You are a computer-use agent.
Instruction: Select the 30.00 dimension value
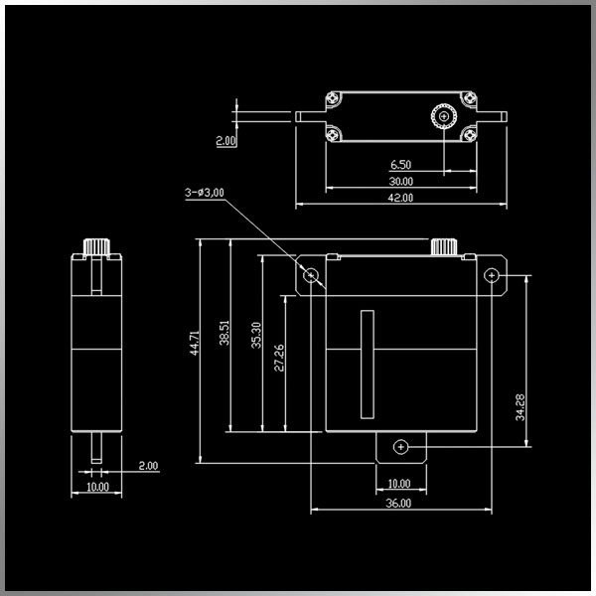click(401, 182)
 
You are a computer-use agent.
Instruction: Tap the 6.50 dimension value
click(401, 164)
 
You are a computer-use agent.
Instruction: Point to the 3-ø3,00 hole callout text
click(206, 192)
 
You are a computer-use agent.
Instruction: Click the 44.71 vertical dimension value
click(195, 343)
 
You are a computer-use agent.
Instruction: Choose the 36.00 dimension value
click(398, 504)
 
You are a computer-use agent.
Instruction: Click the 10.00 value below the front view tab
click(398, 484)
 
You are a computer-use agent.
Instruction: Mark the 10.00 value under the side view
click(97, 487)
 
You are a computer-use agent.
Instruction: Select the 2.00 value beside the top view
click(226, 141)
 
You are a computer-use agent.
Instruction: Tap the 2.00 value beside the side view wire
click(148, 465)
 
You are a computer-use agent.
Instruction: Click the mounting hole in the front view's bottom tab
click(399, 447)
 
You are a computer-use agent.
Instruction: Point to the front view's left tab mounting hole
click(312, 273)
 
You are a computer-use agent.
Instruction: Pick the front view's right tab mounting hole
click(490, 273)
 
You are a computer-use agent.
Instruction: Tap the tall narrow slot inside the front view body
click(366, 365)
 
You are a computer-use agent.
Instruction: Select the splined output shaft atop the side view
click(96, 245)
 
